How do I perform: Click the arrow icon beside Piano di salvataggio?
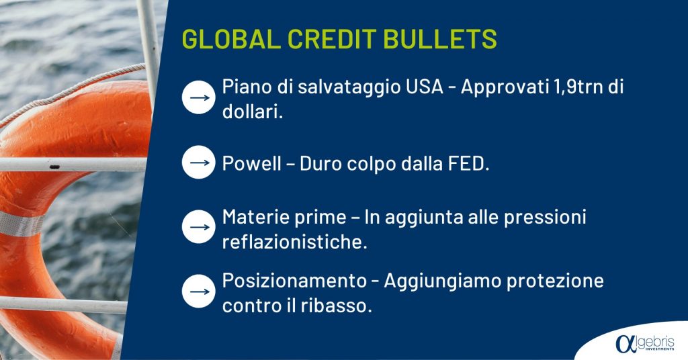tap(199, 97)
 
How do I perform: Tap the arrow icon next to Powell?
tap(199, 163)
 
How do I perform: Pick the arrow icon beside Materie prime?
tap(199, 227)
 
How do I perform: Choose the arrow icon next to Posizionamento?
tap(199, 291)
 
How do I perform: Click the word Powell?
tap(252, 164)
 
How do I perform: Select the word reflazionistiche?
tap(294, 242)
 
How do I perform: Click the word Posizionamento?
tap(294, 281)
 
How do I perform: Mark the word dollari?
tap(253, 111)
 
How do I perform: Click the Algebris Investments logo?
tap(645, 343)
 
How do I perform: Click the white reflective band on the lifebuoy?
tap(19, 224)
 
